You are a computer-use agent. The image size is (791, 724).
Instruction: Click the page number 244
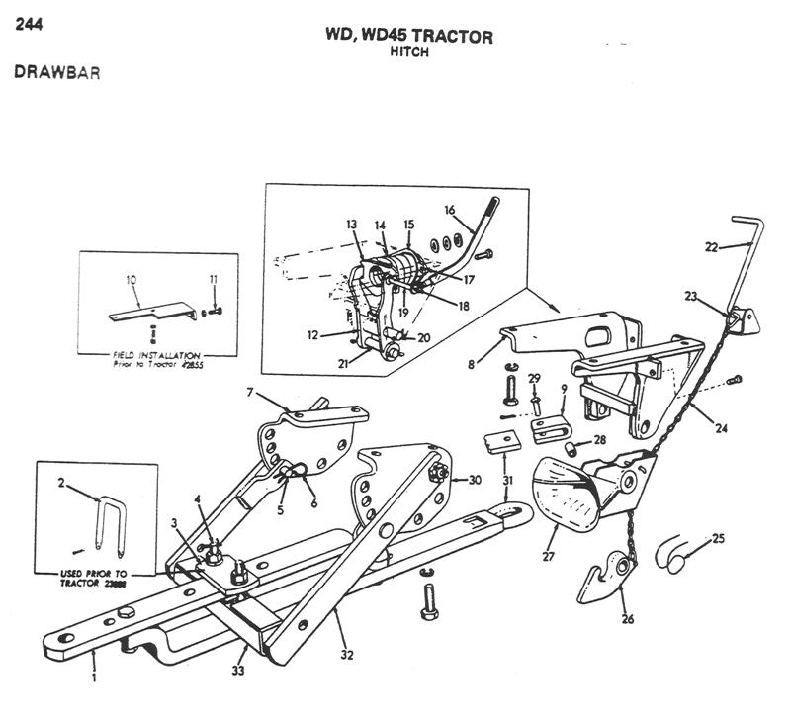coord(28,25)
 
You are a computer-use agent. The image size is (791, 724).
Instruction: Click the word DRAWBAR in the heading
coord(57,72)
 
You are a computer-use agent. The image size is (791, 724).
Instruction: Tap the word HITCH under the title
coord(409,52)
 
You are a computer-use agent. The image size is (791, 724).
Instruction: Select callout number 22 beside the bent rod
coord(711,247)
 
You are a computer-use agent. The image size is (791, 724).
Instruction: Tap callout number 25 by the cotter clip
coord(718,539)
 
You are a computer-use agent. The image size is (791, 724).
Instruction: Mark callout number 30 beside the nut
coord(475,480)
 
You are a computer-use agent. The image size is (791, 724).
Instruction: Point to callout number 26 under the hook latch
coord(626,619)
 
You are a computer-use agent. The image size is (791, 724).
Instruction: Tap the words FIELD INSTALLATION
coord(157,354)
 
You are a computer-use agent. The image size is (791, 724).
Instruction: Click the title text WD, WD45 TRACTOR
coord(409,37)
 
